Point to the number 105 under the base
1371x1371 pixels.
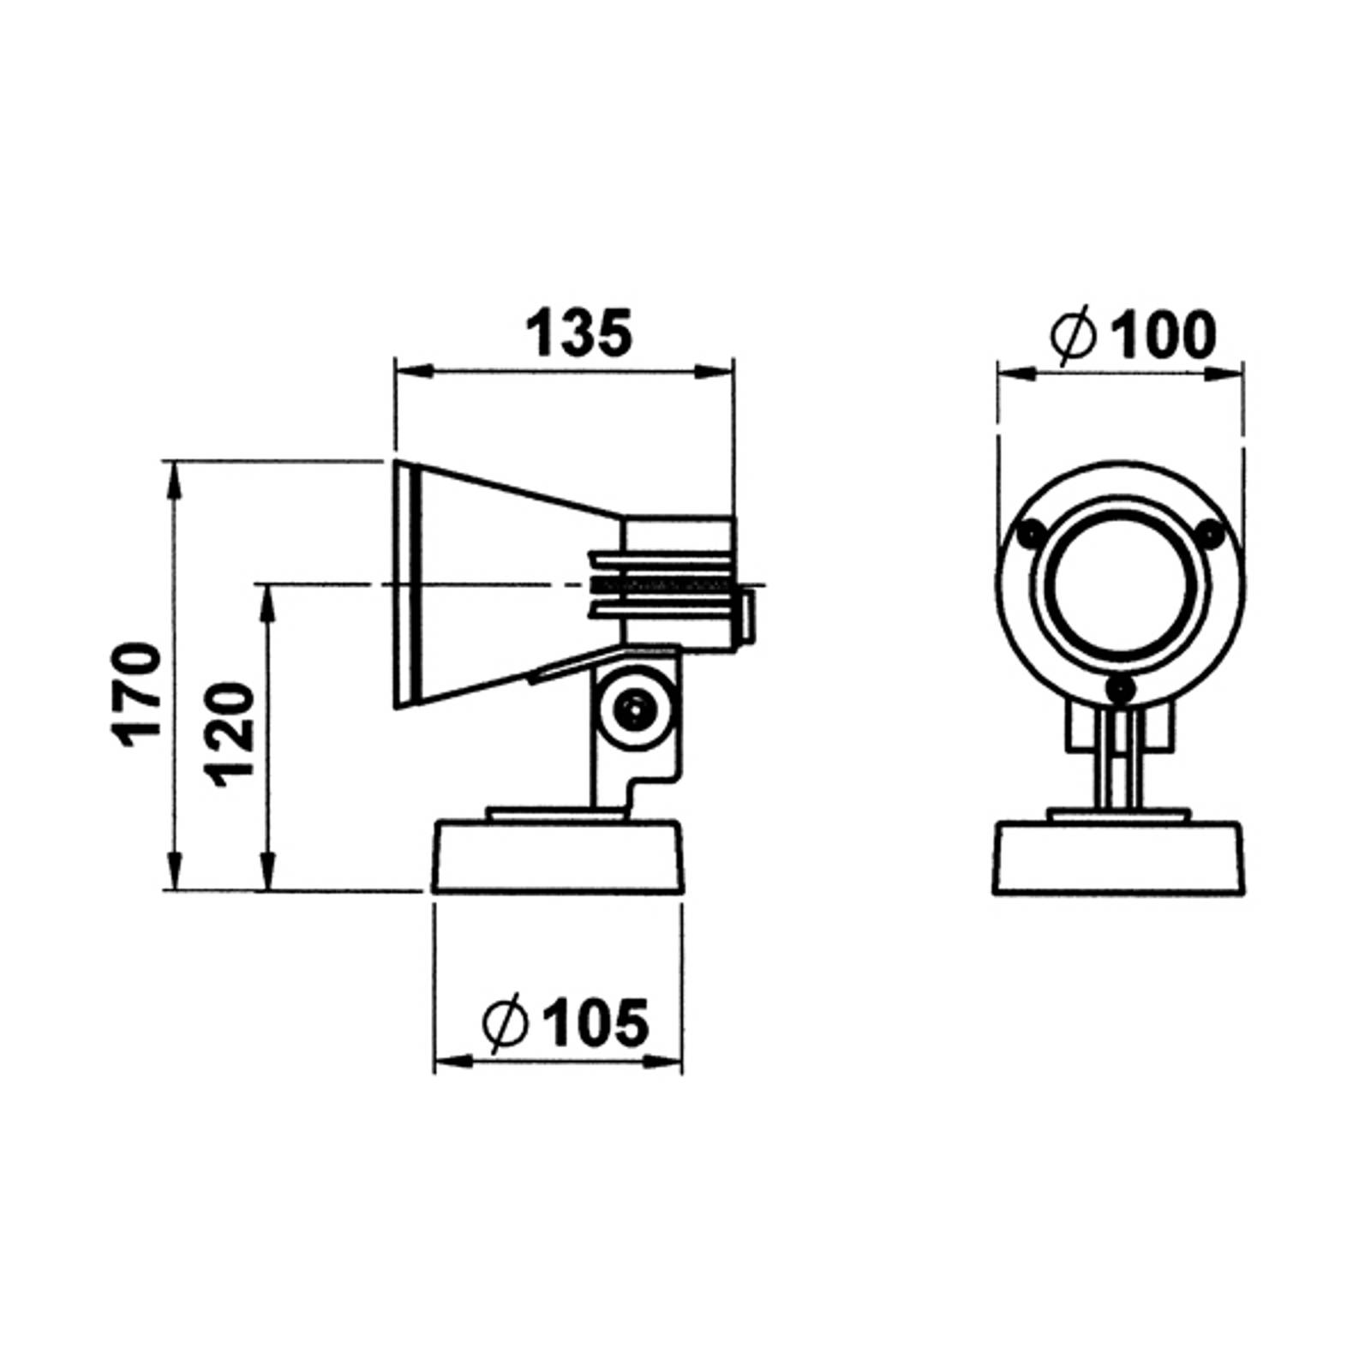click(x=596, y=1022)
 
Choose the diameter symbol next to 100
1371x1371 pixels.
click(x=1074, y=335)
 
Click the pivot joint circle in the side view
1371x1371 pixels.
click(x=635, y=709)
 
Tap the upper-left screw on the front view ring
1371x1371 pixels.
click(x=1030, y=534)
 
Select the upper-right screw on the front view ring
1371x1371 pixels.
click(x=1210, y=534)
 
